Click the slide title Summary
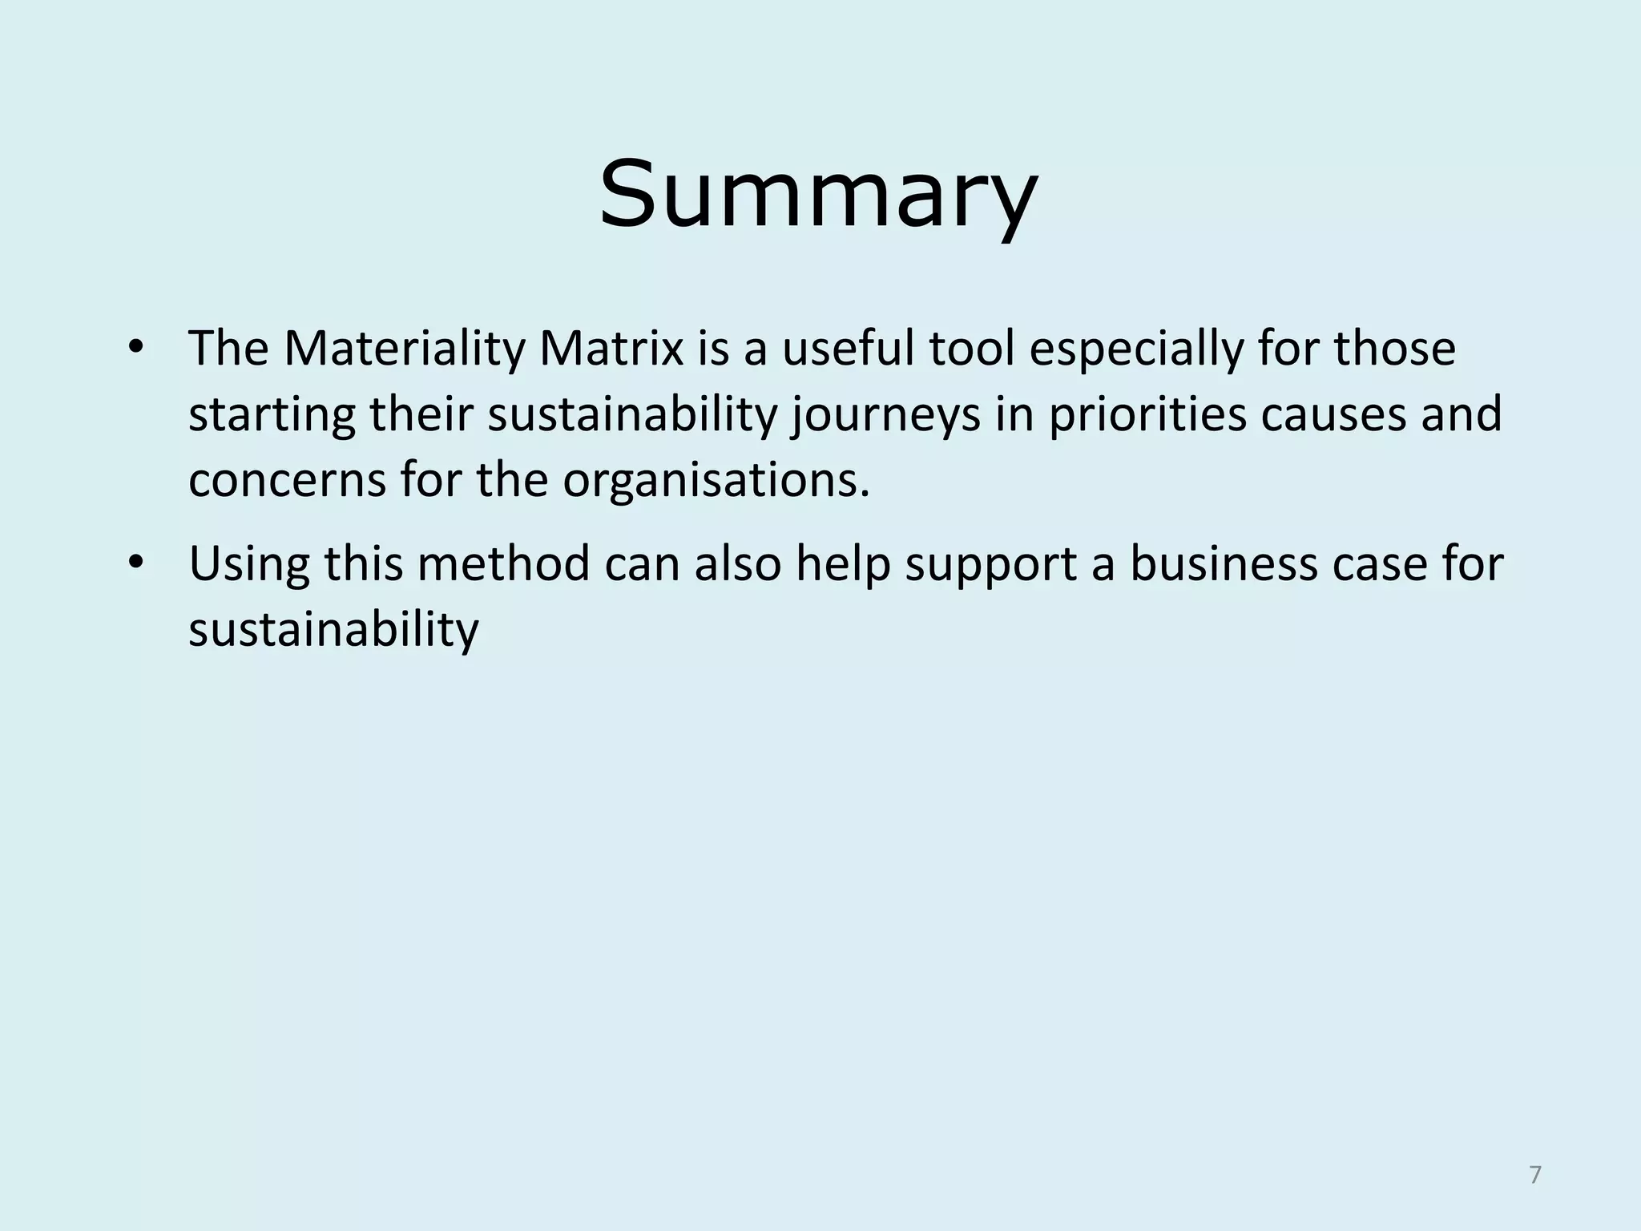[x=818, y=195]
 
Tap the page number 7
[x=1534, y=1175]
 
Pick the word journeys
[x=886, y=416]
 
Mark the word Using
[x=248, y=563]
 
